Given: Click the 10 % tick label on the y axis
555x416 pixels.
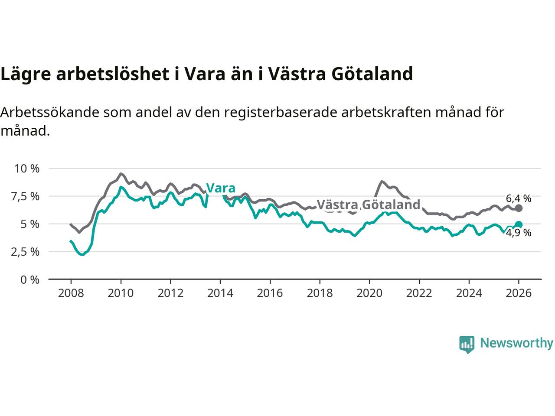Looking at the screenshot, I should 26,168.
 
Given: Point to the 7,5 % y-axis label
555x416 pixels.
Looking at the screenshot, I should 26,196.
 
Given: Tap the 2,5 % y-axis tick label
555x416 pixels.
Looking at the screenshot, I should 26,252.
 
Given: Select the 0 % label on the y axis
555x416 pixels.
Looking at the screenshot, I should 29,279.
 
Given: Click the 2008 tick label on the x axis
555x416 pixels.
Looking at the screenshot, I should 71,293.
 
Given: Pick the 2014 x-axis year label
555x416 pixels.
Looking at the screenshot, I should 220,293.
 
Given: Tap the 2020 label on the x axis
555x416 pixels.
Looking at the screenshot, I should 369,293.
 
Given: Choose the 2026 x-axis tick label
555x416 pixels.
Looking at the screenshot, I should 519,293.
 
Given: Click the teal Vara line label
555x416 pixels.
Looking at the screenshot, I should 221,188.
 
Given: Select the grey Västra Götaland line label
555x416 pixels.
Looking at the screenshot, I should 369,205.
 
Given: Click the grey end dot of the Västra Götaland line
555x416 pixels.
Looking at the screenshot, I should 519,208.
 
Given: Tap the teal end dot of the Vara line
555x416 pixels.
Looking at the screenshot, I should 519,224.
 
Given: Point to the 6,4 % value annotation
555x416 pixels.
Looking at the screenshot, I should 518,198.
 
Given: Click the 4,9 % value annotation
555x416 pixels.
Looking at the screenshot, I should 518,233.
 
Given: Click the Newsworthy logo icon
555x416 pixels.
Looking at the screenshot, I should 467,344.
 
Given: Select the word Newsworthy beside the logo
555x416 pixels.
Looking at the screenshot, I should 516,343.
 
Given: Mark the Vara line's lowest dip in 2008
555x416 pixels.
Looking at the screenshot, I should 82,254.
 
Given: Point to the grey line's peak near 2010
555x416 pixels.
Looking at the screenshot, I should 121,173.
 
